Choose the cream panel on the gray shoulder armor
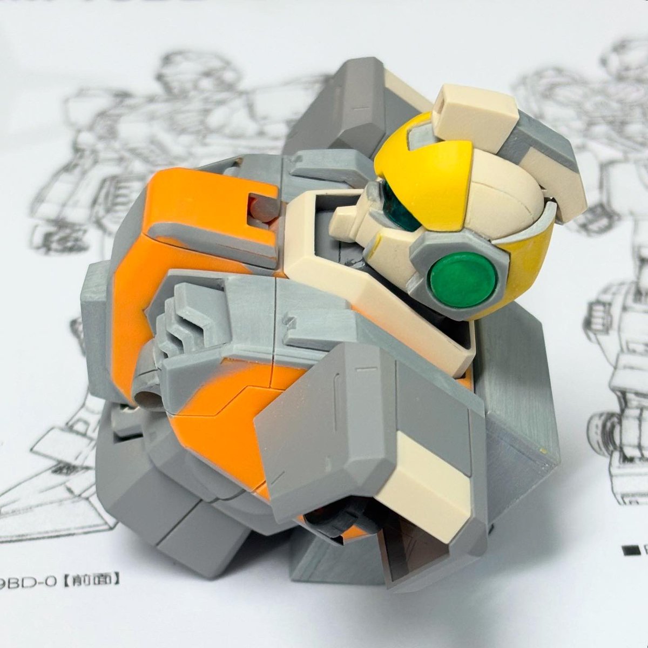click(x=432, y=475)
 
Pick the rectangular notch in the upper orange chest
click(x=257, y=205)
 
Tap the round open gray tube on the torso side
click(x=147, y=400)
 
